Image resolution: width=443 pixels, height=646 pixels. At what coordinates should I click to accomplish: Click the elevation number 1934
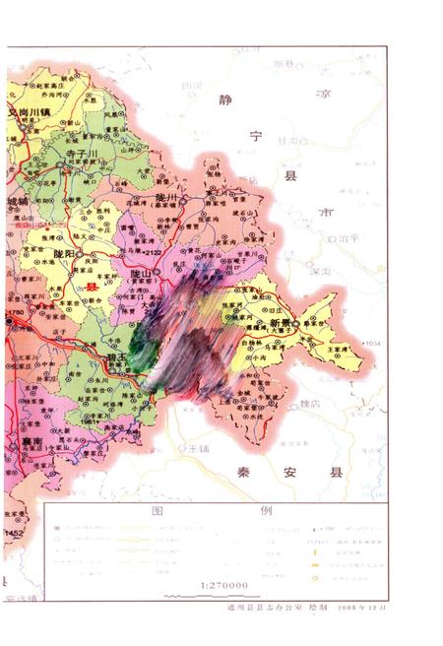pos(371,343)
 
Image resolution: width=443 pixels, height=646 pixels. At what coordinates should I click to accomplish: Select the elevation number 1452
pos(13,533)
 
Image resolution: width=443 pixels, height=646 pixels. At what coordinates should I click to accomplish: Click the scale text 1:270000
pos(224,585)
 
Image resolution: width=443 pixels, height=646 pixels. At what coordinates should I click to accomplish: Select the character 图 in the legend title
pos(157,513)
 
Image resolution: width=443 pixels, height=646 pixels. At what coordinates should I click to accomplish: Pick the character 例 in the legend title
pos(266,513)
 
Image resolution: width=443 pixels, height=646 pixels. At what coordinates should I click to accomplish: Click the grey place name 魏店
pos(310,404)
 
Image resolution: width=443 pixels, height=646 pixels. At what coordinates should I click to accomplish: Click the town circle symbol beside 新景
pos(296,323)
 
